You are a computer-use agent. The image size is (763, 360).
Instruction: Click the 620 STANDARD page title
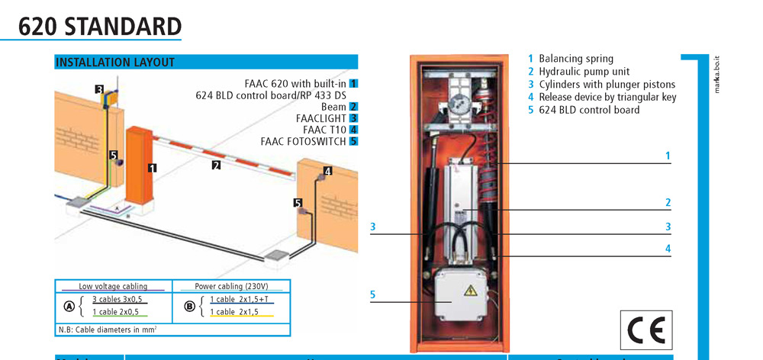click(99, 26)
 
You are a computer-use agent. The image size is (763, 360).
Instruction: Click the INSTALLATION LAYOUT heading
click(115, 63)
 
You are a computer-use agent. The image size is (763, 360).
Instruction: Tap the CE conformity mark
click(645, 330)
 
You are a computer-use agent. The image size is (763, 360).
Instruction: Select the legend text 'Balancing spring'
click(575, 59)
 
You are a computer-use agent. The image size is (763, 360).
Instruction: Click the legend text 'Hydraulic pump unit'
click(584, 72)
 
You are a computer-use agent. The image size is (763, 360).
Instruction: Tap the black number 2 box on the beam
click(216, 164)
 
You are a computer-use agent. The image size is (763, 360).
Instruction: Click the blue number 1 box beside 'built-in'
click(354, 83)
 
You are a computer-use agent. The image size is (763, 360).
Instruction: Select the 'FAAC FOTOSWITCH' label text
click(304, 141)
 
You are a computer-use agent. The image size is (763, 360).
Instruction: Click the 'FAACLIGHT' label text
click(321, 118)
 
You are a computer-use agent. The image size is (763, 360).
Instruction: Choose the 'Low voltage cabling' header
click(114, 287)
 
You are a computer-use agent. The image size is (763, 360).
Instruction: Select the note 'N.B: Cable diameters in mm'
click(107, 329)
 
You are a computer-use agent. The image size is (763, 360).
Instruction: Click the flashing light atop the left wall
click(113, 96)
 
